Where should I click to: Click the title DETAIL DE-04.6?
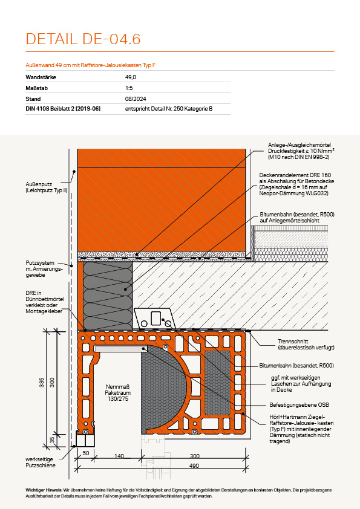(x=83, y=39)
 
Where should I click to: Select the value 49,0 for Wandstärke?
(x=131, y=77)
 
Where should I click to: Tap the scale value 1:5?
(x=129, y=88)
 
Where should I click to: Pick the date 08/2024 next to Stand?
(x=136, y=99)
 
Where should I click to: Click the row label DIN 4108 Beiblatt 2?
(x=63, y=109)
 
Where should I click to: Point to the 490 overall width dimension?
(x=194, y=466)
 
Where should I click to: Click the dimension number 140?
(x=119, y=456)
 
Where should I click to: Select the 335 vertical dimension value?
(x=42, y=383)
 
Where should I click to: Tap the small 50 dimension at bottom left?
(x=86, y=453)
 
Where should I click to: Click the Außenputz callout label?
(x=47, y=187)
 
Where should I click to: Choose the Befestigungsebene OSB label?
(x=299, y=405)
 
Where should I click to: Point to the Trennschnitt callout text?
(x=306, y=345)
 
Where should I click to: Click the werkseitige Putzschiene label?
(x=41, y=462)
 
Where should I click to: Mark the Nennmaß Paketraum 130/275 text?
(x=117, y=393)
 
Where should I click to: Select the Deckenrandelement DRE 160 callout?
(x=296, y=184)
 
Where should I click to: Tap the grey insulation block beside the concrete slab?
(x=108, y=296)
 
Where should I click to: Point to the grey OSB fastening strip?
(x=120, y=349)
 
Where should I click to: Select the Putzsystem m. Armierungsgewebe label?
(x=45, y=269)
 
